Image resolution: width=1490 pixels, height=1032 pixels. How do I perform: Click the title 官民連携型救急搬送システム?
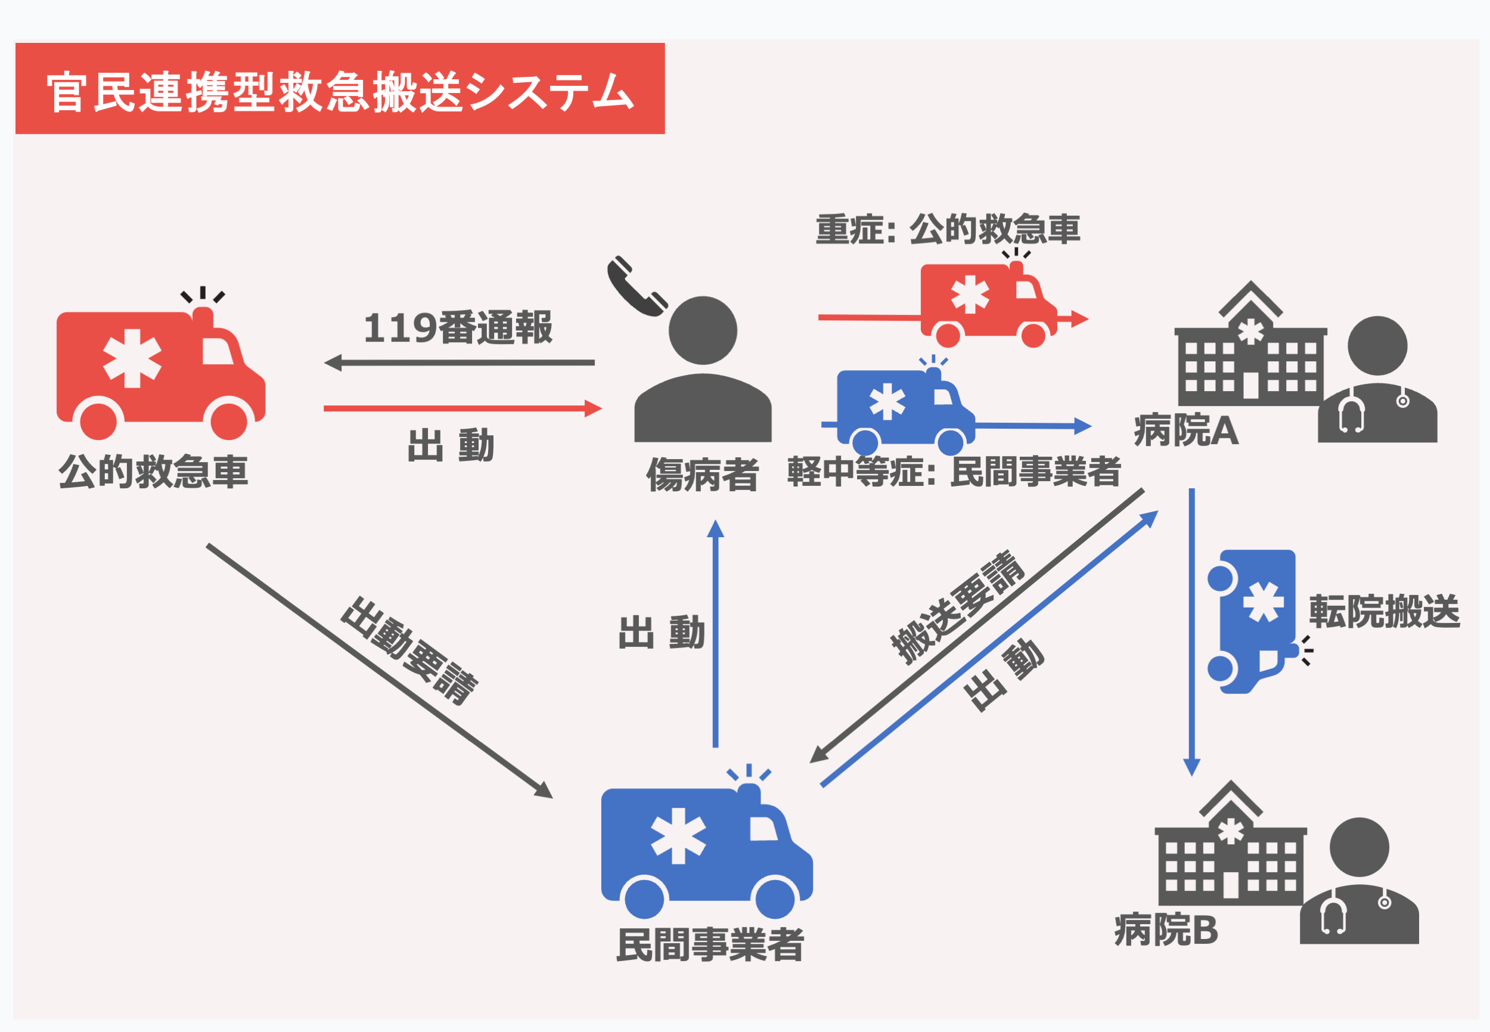pyautogui.click(x=339, y=91)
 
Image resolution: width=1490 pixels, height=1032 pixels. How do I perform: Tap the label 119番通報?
pyautogui.click(x=458, y=328)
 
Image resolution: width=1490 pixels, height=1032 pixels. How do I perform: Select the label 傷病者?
pyautogui.click(x=702, y=475)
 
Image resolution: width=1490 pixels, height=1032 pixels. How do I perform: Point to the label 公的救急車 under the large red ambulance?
pyautogui.click(x=153, y=472)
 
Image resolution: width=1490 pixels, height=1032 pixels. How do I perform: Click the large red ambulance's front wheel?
pyautogui.click(x=229, y=420)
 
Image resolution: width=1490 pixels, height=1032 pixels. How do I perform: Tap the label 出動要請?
pyautogui.click(x=408, y=650)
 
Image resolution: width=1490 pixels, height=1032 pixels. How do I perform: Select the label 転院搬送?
pyautogui.click(x=1384, y=612)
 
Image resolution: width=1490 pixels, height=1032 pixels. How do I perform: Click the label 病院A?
pyautogui.click(x=1185, y=430)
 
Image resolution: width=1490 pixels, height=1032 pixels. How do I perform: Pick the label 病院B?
pyautogui.click(x=1166, y=931)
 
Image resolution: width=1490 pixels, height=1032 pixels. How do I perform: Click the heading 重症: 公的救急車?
pyautogui.click(x=947, y=230)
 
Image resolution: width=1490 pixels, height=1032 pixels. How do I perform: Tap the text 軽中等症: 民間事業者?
pyautogui.click(x=954, y=472)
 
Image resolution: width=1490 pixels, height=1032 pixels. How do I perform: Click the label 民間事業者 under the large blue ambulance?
pyautogui.click(x=709, y=945)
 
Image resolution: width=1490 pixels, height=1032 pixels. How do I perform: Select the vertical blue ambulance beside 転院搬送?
pyautogui.click(x=1254, y=621)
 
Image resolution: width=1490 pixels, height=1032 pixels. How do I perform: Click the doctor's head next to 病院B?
pyautogui.click(x=1359, y=847)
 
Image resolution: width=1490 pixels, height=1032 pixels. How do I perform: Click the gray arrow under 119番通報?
pyautogui.click(x=459, y=362)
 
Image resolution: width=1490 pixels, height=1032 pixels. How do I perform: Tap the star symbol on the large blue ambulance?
pyautogui.click(x=678, y=836)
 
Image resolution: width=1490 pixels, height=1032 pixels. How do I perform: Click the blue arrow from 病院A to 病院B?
pyautogui.click(x=1191, y=634)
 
